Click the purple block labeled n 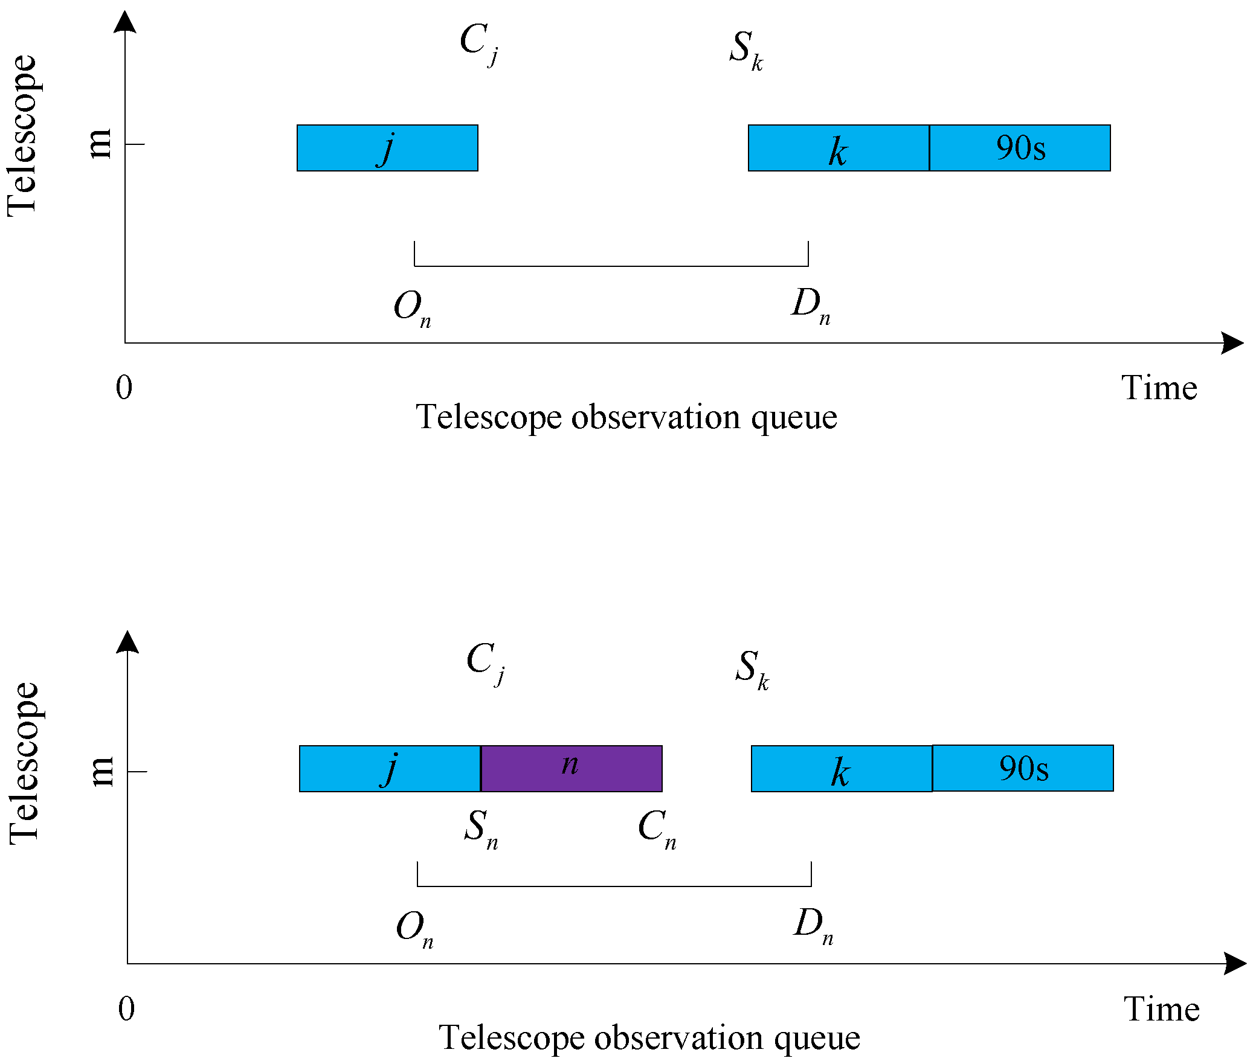(571, 768)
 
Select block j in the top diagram (387, 148)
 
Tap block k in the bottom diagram (841, 768)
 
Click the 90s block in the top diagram (1020, 148)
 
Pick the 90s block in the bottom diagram (1023, 768)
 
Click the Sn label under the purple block (481, 828)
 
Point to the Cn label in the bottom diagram (657, 828)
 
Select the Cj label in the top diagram (478, 43)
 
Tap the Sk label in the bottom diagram (752, 668)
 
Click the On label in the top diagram (412, 307)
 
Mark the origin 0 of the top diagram (124, 387)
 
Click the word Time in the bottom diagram (1161, 1009)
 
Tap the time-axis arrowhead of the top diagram (1232, 343)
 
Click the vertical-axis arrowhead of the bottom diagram (127, 643)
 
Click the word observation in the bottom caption (678, 1038)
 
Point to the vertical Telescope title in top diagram (22, 136)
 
